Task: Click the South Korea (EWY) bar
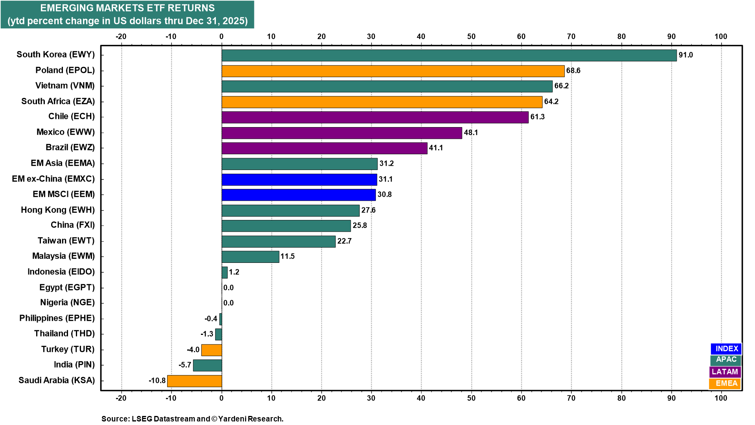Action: (449, 55)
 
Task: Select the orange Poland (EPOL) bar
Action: (393, 71)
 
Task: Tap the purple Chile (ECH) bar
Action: (375, 117)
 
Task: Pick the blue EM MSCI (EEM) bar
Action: (298, 195)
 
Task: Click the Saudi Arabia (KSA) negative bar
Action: (195, 381)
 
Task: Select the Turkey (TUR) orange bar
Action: (212, 350)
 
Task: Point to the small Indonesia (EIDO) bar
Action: (225, 272)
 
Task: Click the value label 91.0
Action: (686, 55)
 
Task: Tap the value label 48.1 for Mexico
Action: (471, 133)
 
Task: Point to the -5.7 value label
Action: (185, 365)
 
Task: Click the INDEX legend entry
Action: (726, 349)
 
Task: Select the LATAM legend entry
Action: (725, 372)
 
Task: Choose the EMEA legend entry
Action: (725, 384)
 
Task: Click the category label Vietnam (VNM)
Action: (65, 86)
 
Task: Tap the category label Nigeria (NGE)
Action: (67, 303)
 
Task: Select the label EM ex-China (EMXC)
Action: (53, 179)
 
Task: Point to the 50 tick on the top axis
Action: (471, 37)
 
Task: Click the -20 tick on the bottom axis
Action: (121, 398)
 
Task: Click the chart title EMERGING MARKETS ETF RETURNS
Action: (127, 8)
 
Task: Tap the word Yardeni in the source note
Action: (232, 419)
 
